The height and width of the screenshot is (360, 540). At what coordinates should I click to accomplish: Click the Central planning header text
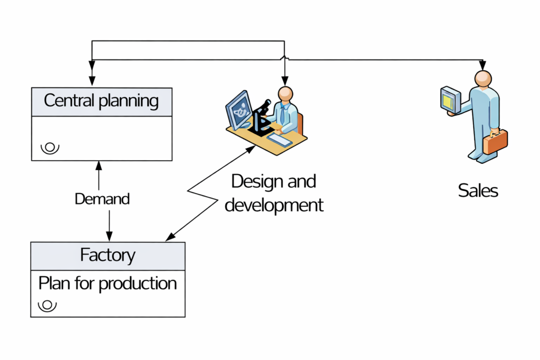tap(101, 101)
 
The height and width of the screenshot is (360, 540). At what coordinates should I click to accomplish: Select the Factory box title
tap(108, 255)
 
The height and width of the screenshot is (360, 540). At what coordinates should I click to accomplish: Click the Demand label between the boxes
tap(102, 199)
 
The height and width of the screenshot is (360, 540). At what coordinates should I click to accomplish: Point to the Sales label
tap(478, 190)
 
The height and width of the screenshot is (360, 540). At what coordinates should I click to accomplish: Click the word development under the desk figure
tap(274, 205)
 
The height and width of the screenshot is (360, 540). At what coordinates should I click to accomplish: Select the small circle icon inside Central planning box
tap(51, 148)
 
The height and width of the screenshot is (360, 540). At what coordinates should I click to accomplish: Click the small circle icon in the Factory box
tap(49, 305)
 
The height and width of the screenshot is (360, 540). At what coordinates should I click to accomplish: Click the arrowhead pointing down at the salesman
tap(482, 66)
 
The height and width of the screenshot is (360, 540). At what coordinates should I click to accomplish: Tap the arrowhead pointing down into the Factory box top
tap(109, 236)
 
